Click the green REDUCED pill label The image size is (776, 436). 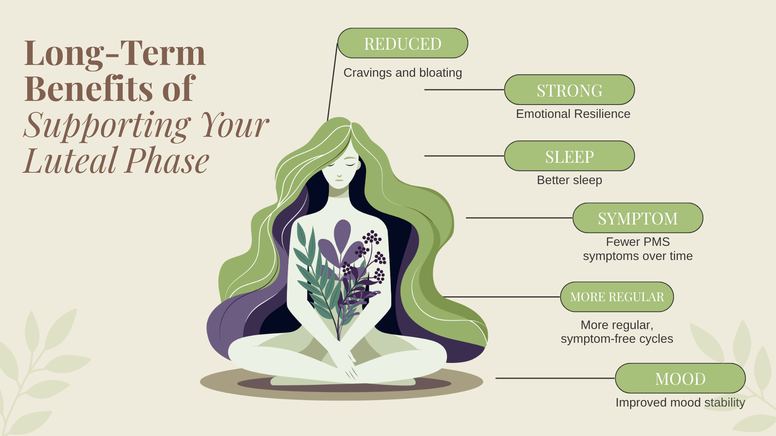(403, 43)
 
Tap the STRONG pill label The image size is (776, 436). (569, 90)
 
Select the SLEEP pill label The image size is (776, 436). (569, 156)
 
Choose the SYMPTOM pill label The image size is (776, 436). (638, 218)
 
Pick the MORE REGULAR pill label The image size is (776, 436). (617, 297)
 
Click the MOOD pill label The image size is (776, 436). (680, 378)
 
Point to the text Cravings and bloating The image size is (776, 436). (403, 73)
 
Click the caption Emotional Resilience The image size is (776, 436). (573, 114)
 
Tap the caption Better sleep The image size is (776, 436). (569, 180)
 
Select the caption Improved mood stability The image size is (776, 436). (680, 402)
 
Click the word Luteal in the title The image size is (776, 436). (71, 161)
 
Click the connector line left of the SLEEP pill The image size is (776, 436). (464, 156)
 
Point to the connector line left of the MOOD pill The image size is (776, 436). (555, 378)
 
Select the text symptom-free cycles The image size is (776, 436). (617, 339)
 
